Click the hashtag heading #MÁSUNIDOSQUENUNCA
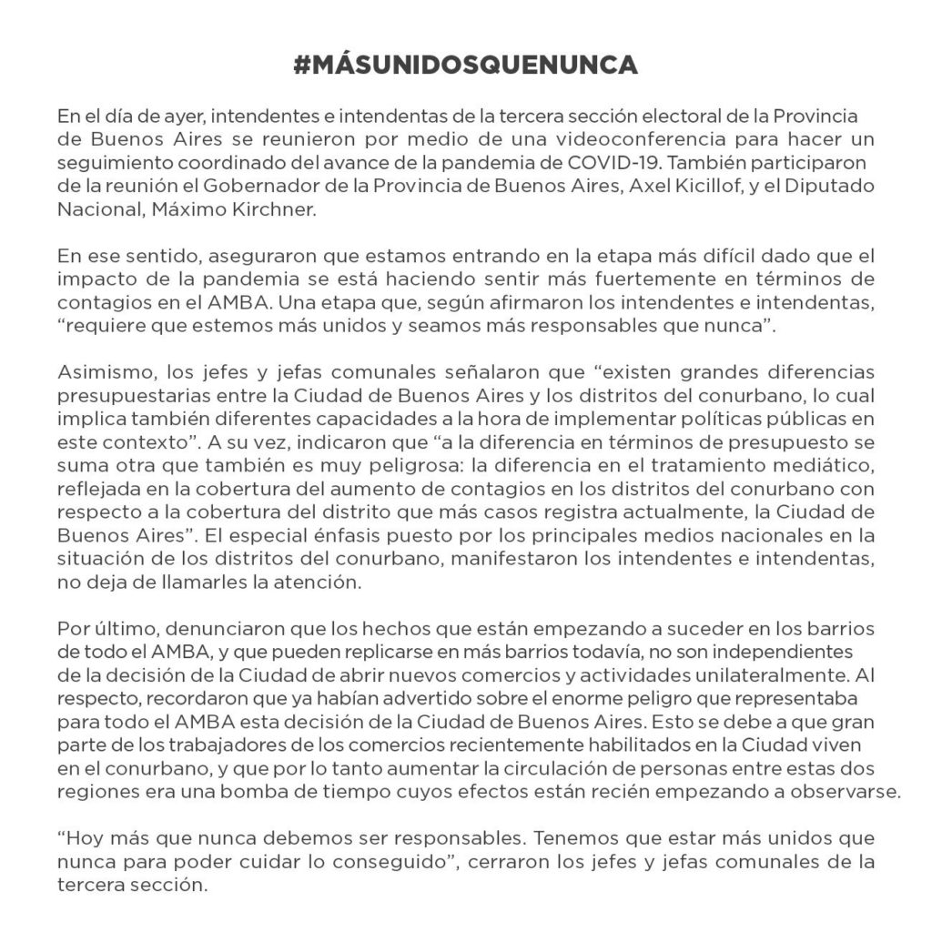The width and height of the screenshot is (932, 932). (x=466, y=66)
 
